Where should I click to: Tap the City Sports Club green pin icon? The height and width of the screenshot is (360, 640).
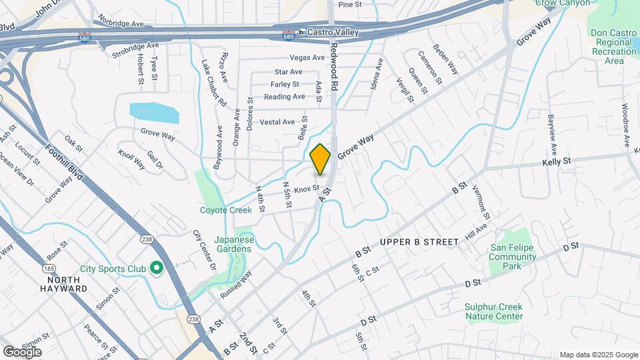[157, 269]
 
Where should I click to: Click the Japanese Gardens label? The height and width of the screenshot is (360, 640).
[233, 244]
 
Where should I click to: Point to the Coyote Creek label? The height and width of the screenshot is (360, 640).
[226, 210]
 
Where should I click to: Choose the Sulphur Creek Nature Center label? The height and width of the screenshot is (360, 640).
[493, 311]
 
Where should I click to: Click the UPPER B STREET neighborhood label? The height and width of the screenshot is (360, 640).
[420, 241]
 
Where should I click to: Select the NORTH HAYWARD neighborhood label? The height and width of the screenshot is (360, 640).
[63, 284]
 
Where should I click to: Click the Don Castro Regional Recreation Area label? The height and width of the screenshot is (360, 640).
[614, 47]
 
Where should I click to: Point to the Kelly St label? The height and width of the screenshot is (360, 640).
[557, 161]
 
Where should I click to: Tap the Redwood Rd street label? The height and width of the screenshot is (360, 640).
[335, 66]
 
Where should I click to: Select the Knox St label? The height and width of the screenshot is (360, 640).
[307, 189]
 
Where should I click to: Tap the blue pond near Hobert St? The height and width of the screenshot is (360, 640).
[155, 113]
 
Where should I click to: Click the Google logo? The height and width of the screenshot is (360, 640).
[22, 352]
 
